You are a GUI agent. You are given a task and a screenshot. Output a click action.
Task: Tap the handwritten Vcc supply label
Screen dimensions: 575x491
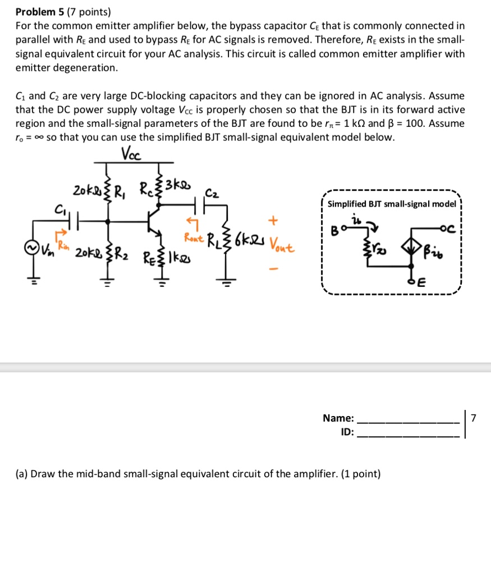[x=131, y=153]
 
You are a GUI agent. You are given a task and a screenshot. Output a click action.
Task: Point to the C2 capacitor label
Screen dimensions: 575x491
[x=213, y=193]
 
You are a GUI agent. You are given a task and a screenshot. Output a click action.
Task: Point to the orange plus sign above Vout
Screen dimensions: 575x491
[x=274, y=219]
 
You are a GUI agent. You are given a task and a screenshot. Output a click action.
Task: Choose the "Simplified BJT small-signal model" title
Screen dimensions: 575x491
[x=391, y=204]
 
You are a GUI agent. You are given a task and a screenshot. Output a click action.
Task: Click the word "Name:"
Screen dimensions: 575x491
[x=338, y=418]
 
